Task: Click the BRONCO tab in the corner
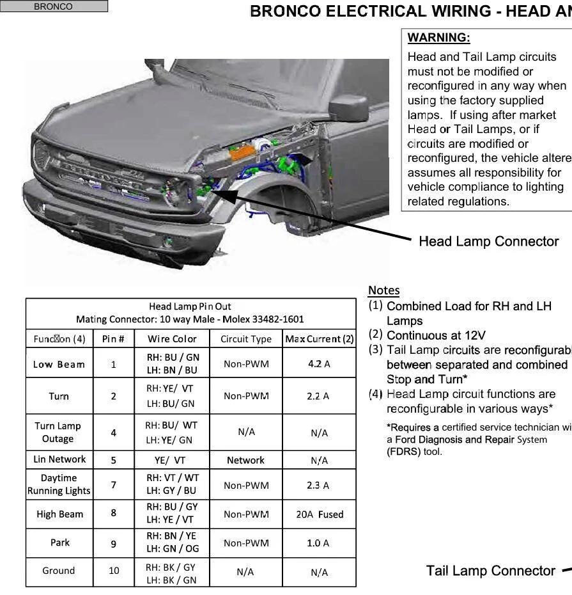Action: (54, 6)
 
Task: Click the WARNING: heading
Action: (438, 38)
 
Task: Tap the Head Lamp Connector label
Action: (488, 241)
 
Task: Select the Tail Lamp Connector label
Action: (490, 571)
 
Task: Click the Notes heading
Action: (383, 290)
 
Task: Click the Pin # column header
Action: (113, 339)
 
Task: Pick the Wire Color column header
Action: (172, 339)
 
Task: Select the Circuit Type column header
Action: (246, 339)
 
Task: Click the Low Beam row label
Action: (59, 364)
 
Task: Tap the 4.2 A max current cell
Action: (318, 364)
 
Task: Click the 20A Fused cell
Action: (319, 514)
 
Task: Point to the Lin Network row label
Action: (59, 459)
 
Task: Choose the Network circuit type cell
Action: (245, 460)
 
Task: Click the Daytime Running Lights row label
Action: (59, 484)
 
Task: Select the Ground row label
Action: (59, 571)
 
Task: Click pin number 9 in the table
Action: (113, 543)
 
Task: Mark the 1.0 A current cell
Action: (318, 543)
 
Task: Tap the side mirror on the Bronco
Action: (350, 107)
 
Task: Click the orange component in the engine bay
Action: (243, 152)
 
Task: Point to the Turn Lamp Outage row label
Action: (58, 432)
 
